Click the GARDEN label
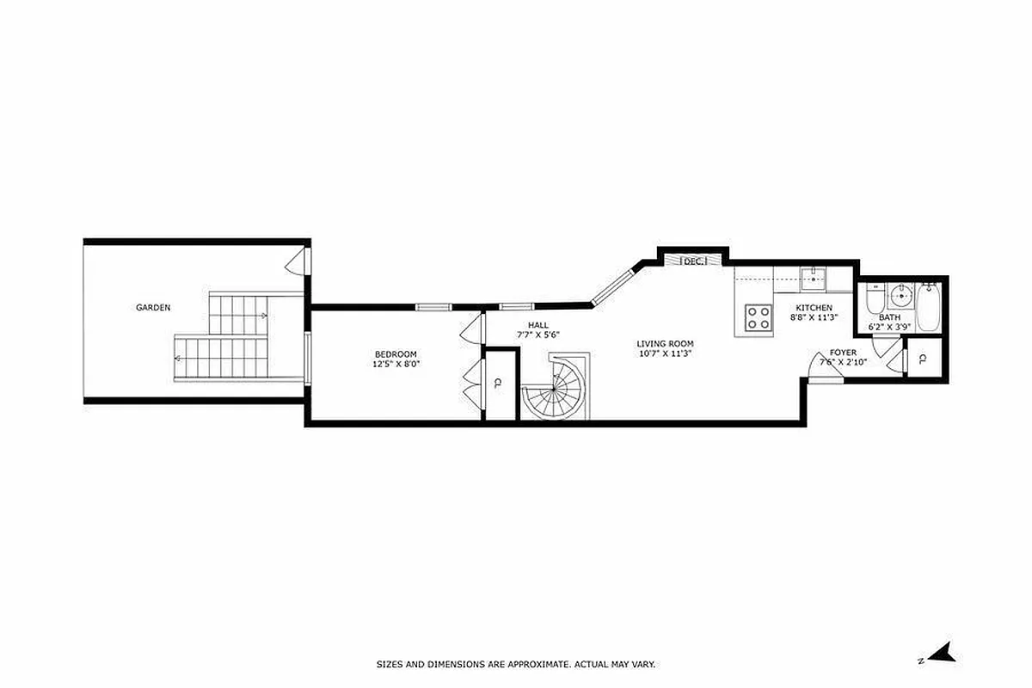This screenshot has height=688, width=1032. pyautogui.click(x=153, y=307)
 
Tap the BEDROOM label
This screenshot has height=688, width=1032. pyautogui.click(x=396, y=354)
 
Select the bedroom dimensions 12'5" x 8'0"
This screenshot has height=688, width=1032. pyautogui.click(x=396, y=364)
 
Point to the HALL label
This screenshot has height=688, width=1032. pyautogui.click(x=538, y=324)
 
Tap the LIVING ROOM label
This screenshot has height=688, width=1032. pyautogui.click(x=666, y=344)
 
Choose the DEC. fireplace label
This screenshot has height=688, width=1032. pyautogui.click(x=693, y=261)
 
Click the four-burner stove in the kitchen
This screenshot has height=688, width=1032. pyautogui.click(x=758, y=318)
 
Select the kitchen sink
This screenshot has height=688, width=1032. pyautogui.click(x=813, y=278)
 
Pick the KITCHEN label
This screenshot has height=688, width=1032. pyautogui.click(x=814, y=307)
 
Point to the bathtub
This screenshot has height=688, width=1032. pyautogui.click(x=929, y=308)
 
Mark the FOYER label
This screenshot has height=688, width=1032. pyautogui.click(x=843, y=353)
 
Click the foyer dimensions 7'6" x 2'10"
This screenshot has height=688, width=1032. pyautogui.click(x=843, y=362)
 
